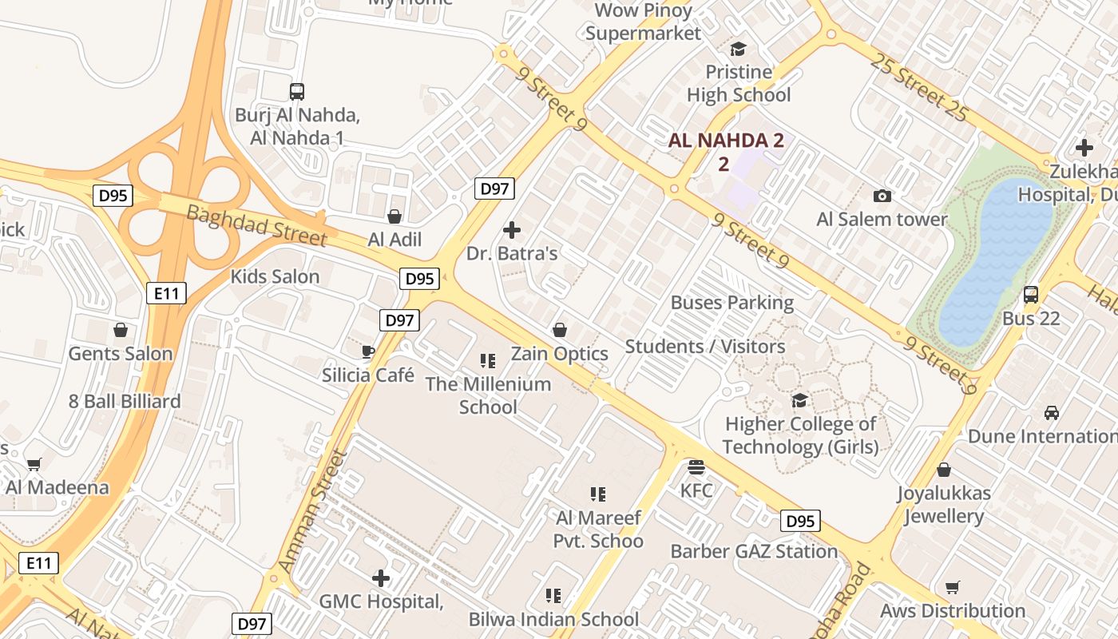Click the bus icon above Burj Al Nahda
click(x=297, y=92)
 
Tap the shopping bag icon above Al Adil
click(x=394, y=216)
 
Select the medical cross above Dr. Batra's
click(x=512, y=231)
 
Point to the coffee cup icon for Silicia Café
click(x=368, y=351)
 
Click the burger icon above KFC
click(x=696, y=466)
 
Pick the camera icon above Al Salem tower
click(x=882, y=196)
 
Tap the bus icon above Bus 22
click(x=1031, y=295)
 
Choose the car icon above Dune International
click(x=1052, y=413)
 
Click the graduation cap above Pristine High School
click(x=738, y=49)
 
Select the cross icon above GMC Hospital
click(x=381, y=577)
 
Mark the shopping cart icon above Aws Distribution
click(x=952, y=588)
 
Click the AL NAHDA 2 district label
click(x=726, y=141)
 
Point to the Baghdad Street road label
click(x=256, y=225)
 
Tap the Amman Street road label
click(x=313, y=512)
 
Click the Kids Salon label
click(x=275, y=277)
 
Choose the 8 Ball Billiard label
click(x=125, y=401)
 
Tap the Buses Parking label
click(x=732, y=303)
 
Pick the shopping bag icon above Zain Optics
click(x=560, y=330)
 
